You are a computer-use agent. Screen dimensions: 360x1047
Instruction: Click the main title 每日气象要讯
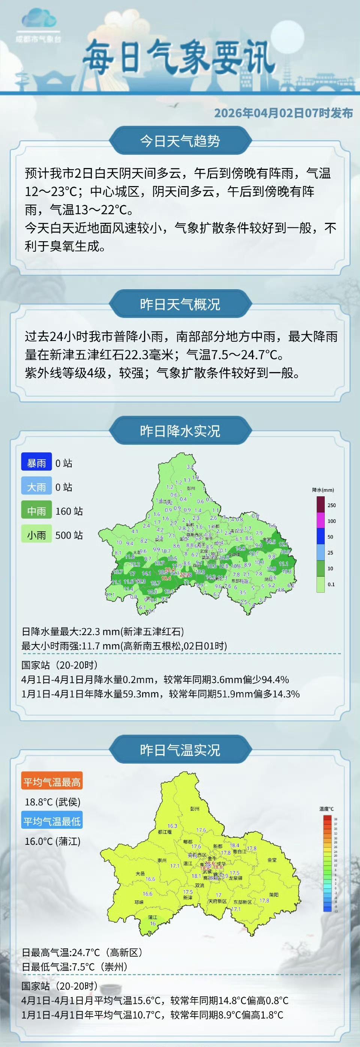[x=179, y=58]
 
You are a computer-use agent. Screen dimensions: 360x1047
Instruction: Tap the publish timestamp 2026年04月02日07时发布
[x=283, y=113]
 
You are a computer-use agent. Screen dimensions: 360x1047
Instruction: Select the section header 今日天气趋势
[x=180, y=141]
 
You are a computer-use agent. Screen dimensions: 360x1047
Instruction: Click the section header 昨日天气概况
[x=180, y=304]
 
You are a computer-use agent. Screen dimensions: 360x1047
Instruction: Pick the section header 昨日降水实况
[x=180, y=431]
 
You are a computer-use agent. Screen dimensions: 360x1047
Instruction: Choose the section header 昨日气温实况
[x=180, y=750]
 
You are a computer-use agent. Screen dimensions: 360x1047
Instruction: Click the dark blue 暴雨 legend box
[x=37, y=463]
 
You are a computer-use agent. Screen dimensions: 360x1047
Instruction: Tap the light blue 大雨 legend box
[x=37, y=487]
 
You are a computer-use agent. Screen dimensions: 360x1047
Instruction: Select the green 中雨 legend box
[x=37, y=511]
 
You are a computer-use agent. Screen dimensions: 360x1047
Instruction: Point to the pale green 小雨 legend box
[x=37, y=535]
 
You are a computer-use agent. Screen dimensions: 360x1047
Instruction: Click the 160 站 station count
[x=69, y=511]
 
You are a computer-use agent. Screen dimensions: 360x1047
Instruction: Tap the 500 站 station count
[x=69, y=535]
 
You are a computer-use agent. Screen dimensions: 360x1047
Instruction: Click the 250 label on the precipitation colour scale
[x=331, y=505]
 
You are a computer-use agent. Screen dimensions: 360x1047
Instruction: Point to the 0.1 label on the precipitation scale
[x=331, y=584]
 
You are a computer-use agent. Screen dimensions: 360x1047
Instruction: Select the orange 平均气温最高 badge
[x=52, y=783]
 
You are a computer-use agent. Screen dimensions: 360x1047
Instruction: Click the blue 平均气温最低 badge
[x=52, y=822]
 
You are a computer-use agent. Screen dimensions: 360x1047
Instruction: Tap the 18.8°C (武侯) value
[x=53, y=802]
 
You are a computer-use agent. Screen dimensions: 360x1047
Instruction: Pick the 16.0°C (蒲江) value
[x=53, y=841]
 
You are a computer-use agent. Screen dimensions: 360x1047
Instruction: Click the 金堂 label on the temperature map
[x=272, y=860]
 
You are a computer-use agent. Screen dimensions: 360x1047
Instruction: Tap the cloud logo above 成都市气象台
[x=38, y=20]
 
